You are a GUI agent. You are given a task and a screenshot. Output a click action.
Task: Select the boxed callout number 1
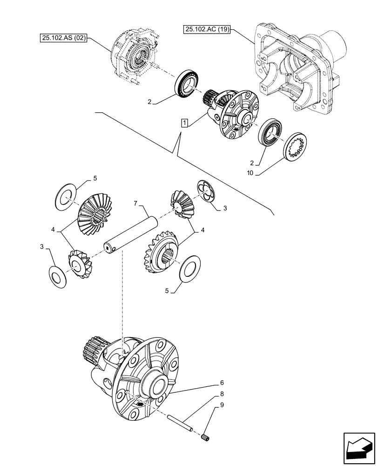click(x=185, y=123)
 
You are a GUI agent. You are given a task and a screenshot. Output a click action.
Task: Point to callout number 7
click(x=136, y=204)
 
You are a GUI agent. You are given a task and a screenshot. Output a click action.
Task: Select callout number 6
click(x=222, y=383)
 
